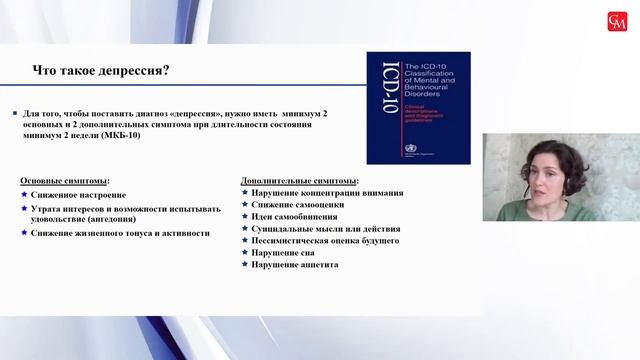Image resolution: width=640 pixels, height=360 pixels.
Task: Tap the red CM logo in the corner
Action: (x=618, y=21)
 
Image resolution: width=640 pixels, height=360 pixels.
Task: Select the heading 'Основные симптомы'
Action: (x=65, y=180)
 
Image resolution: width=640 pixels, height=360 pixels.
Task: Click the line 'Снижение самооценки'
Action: (x=297, y=205)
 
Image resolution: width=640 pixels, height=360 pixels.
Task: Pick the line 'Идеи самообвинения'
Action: (x=294, y=217)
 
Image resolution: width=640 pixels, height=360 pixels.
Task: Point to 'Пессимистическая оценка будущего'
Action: (x=325, y=241)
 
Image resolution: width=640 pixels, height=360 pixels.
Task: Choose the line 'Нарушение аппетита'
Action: (x=295, y=265)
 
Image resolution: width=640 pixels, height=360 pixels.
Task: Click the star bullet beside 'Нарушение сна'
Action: (x=245, y=253)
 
